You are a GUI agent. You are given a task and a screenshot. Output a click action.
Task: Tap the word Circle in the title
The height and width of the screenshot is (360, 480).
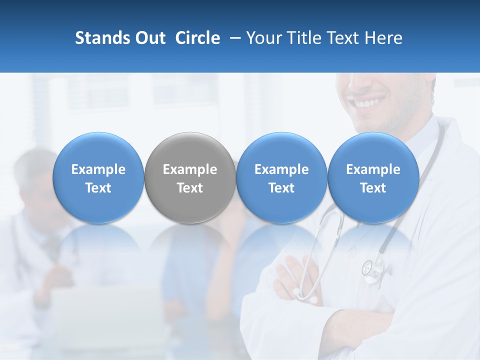[197, 38]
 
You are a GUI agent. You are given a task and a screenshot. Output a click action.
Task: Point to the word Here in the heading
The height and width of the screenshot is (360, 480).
[384, 38]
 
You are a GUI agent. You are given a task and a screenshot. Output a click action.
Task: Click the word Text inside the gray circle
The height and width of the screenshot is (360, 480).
[190, 188]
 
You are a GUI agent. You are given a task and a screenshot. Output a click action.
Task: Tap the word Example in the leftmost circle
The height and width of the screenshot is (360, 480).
[98, 169]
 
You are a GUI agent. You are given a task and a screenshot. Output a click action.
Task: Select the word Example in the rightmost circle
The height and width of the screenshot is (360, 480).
[373, 169]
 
